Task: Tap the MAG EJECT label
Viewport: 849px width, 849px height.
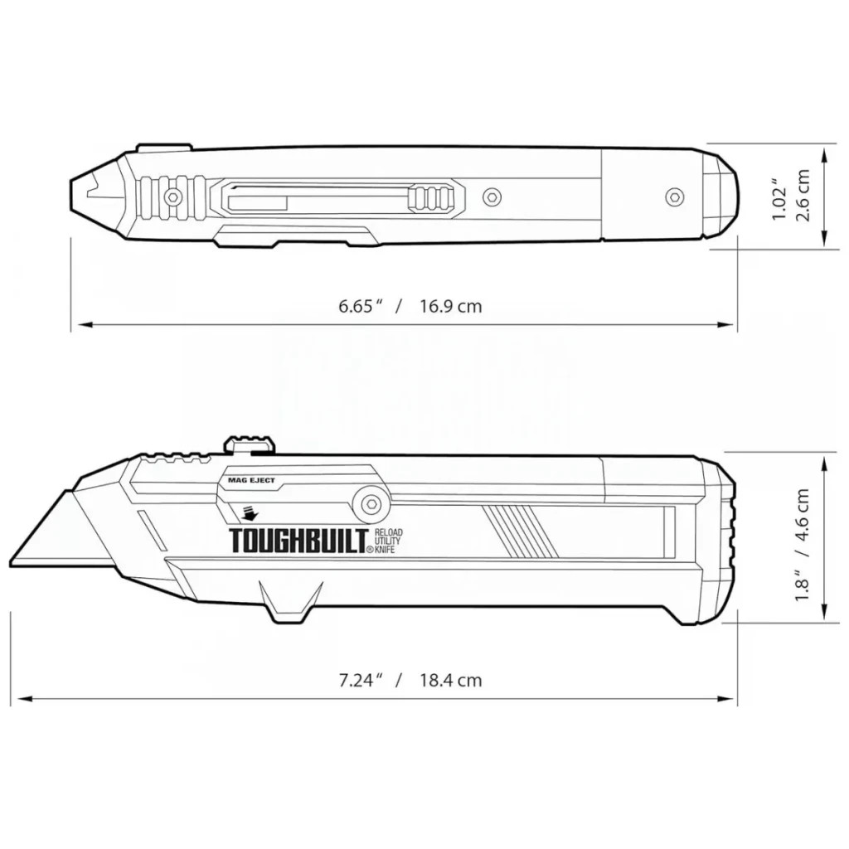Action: click(251, 480)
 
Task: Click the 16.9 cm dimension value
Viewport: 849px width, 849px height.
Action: click(450, 306)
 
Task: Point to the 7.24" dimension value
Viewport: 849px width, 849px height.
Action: click(359, 681)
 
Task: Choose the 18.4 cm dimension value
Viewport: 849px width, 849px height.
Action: click(450, 681)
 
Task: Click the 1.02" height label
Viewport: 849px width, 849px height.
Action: click(779, 199)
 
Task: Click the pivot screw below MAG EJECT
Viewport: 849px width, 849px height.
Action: click(367, 502)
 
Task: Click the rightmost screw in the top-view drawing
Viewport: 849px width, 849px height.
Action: click(675, 196)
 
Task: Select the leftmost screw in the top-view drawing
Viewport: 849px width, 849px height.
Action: click(173, 197)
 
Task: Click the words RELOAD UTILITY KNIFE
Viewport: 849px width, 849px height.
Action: click(388, 540)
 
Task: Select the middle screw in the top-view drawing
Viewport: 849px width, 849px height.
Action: click(493, 197)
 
